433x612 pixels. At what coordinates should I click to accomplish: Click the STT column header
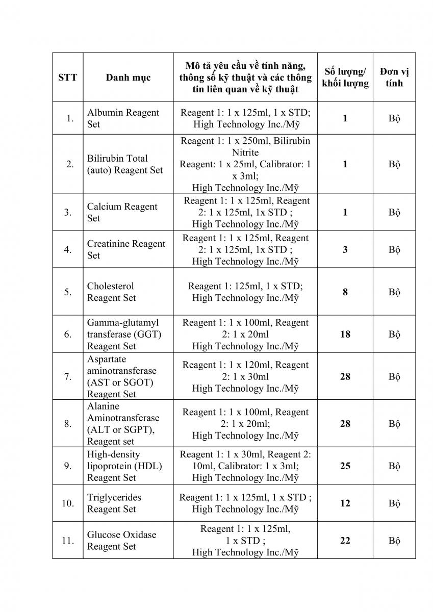68,78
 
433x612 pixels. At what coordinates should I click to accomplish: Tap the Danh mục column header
128,78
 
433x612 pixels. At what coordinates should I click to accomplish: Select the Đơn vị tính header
394,77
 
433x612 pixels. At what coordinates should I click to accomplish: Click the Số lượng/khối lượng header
345,77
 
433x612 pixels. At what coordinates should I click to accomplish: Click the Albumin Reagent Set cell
123,118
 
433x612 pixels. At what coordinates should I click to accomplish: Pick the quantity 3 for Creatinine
345,249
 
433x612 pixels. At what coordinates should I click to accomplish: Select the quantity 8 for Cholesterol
345,292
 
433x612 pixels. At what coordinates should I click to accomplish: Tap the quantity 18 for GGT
345,335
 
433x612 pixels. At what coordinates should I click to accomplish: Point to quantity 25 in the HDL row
345,466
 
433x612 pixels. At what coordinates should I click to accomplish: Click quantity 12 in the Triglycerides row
345,503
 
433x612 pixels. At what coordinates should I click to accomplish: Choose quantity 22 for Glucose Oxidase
345,541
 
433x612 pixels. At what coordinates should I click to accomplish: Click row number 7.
68,377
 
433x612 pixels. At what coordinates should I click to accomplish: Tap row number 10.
68,503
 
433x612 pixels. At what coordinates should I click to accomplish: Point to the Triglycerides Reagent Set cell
114,503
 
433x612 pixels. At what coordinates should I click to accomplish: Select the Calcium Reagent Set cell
122,212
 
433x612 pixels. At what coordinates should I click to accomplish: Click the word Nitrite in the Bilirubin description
245,152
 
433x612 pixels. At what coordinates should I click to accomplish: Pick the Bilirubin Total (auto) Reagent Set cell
124,164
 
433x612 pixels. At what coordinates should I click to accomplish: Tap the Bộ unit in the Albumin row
394,118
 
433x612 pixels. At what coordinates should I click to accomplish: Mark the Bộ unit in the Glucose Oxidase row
394,541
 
